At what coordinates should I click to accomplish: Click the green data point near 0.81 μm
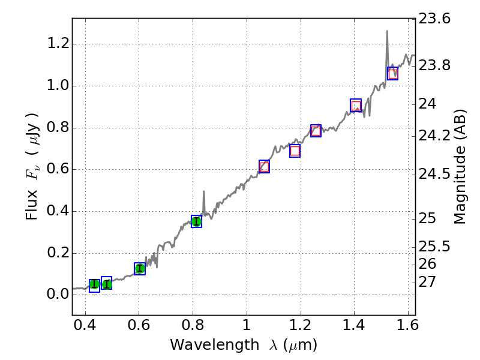tap(196, 221)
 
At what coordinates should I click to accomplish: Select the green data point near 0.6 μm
tap(140, 269)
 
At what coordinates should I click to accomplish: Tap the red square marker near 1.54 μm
tap(393, 74)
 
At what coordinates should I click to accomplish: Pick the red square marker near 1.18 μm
tap(295, 151)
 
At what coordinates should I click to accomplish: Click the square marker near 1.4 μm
tap(356, 106)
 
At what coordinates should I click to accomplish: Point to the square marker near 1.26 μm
tap(316, 131)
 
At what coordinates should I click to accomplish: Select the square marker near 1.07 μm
tap(264, 167)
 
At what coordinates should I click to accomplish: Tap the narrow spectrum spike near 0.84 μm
tap(204, 193)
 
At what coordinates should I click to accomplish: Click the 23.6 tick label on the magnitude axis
tap(435, 19)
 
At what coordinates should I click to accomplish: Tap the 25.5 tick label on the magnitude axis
tap(435, 247)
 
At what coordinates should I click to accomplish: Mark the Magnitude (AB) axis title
tap(460, 167)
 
